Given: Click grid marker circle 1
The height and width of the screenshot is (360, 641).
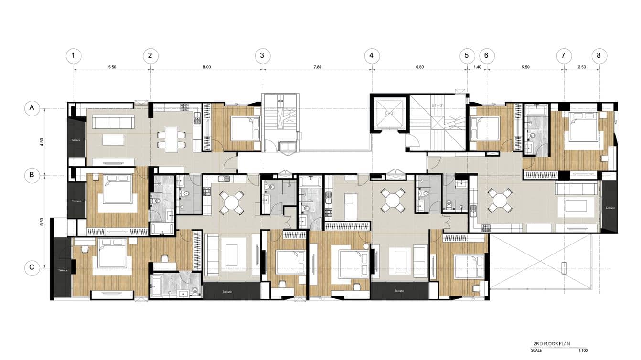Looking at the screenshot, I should pos(73,56).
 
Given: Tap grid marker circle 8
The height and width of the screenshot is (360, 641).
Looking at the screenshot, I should pos(599,56).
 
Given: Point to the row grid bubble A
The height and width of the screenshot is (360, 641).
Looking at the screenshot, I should pos(32,108).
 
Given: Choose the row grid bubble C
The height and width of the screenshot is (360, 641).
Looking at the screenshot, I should pos(32,267).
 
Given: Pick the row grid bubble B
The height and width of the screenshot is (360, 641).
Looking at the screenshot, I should pos(32,175).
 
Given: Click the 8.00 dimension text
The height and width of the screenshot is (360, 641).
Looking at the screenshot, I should pos(206,67).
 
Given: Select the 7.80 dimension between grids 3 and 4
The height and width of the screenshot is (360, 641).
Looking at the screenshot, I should pos(317,67).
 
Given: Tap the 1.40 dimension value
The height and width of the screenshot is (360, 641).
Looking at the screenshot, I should pos(477,67).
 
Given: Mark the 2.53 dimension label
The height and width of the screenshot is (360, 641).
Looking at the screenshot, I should pos(581,67).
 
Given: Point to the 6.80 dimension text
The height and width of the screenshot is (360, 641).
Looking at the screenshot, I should pos(419,67).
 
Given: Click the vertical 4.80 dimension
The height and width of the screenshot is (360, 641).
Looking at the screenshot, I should pos(42,141).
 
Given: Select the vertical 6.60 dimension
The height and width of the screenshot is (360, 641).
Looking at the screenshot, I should pos(42,222).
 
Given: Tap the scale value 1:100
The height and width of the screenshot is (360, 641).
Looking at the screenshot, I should pos(584,350).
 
